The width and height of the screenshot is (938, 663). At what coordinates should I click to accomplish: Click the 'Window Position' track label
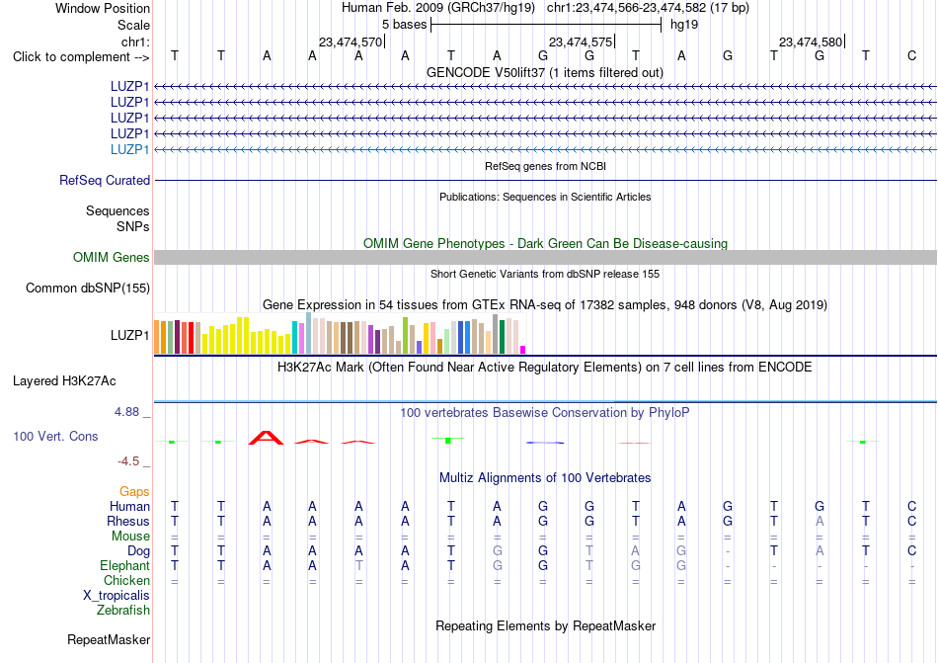point(103,8)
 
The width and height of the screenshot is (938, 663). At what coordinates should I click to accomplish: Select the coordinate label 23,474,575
point(581,41)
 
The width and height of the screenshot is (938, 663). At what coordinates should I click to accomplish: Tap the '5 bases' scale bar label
point(405,25)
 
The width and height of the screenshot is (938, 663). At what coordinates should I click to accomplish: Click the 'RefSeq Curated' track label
point(105,180)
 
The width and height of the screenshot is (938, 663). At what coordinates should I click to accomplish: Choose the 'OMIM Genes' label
point(112,257)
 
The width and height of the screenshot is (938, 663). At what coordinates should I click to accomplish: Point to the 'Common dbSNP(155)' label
point(88,288)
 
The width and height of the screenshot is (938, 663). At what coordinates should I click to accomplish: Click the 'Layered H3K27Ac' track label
point(64,381)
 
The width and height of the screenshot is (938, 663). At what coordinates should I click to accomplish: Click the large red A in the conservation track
point(267,438)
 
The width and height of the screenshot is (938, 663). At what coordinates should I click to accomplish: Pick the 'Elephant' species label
point(125,565)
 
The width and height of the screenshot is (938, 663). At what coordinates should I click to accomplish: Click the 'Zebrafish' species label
point(123,611)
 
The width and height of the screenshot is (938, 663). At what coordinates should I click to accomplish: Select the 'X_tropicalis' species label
point(117,596)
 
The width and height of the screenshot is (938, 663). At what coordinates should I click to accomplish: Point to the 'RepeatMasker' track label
point(109,639)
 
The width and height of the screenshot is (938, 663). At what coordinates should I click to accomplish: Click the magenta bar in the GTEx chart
point(523,350)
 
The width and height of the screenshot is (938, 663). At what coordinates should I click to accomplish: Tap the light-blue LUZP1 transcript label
point(129,149)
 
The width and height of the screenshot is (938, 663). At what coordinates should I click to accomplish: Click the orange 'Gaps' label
point(134,491)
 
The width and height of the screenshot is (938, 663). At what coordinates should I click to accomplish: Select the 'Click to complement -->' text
point(81,57)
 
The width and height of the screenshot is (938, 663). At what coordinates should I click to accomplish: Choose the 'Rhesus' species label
point(128,521)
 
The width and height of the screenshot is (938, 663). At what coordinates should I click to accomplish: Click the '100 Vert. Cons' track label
point(55,436)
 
